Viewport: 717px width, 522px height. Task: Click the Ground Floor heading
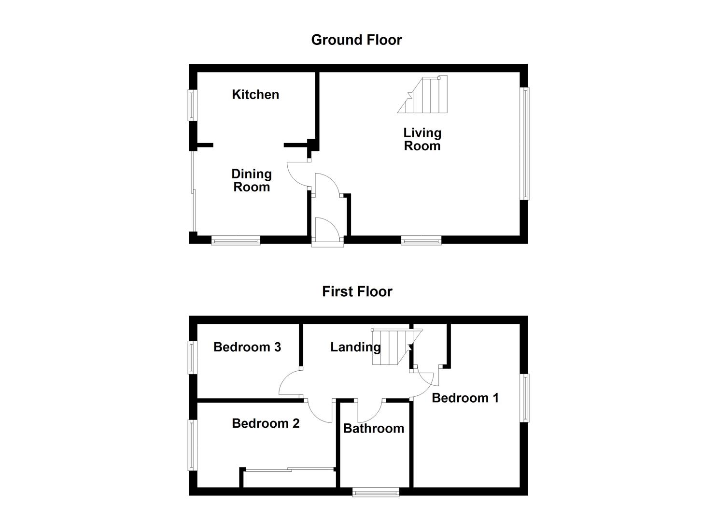pos(356,40)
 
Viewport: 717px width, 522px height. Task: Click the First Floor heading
pos(357,291)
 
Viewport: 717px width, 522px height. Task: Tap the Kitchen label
pos(255,94)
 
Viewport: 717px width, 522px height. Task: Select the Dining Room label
pos(252,180)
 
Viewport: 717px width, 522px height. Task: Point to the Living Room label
pos(422,139)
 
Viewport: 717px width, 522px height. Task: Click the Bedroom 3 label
pos(247,347)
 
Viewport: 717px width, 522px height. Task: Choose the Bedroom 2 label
pos(266,423)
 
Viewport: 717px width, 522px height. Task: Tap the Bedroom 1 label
pos(465,398)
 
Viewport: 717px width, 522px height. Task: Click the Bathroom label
pos(374,428)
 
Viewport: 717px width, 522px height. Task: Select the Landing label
pos(355,347)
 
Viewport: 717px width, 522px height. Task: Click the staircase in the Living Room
pos(425,95)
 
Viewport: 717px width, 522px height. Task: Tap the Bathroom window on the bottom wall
pos(376,492)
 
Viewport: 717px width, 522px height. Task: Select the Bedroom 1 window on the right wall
pos(524,398)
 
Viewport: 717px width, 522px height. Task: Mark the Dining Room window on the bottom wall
pos(236,240)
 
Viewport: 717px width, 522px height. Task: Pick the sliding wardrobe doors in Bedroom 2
pos(289,469)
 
